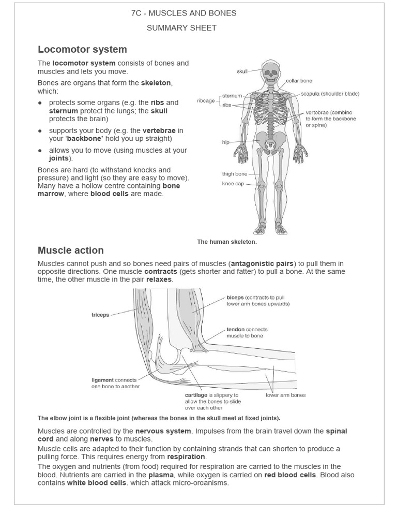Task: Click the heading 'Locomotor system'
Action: point(82,50)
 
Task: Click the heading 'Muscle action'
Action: point(71,251)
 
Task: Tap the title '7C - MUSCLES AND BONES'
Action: point(184,13)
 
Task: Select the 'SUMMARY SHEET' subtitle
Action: point(181,27)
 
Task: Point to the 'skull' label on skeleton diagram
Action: point(242,71)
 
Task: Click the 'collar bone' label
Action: point(299,81)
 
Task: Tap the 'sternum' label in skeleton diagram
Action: point(232,96)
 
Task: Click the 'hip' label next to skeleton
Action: point(226,142)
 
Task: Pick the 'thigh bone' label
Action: point(235,174)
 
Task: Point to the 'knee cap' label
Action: point(233,183)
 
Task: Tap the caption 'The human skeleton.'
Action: point(227,242)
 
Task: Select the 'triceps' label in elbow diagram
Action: point(100,315)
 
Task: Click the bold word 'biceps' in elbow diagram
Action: point(235,298)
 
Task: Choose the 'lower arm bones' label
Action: point(285,395)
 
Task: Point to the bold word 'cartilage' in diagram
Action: point(196,395)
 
